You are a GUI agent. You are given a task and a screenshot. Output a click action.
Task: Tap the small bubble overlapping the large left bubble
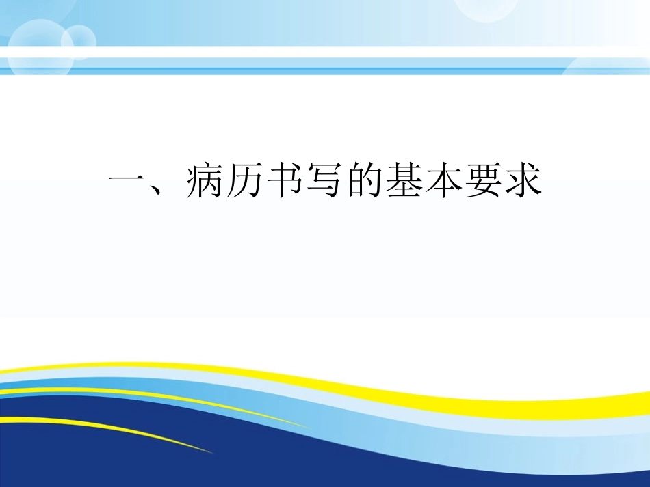click(x=78, y=40)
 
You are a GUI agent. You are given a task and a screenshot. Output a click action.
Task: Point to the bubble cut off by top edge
click(x=486, y=8)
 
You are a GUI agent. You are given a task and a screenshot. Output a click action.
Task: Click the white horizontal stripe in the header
click(x=325, y=53)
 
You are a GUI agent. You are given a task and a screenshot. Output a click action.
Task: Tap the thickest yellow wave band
click(x=479, y=404)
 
